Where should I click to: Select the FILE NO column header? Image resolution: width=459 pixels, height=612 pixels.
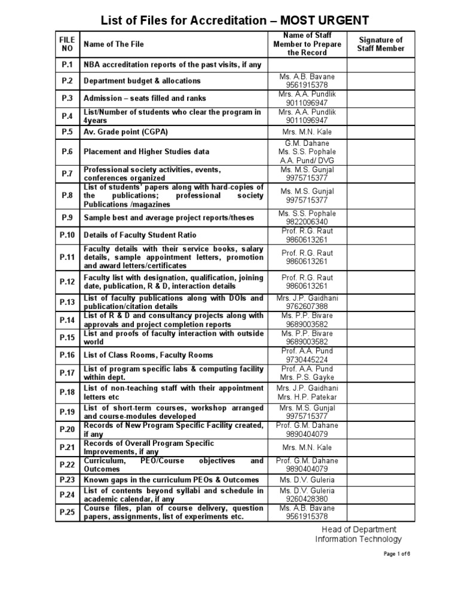pyautogui.click(x=67, y=44)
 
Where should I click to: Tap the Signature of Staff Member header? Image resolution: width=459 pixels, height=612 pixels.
pyautogui.click(x=381, y=44)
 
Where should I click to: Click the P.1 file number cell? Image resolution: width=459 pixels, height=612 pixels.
pyautogui.click(x=67, y=65)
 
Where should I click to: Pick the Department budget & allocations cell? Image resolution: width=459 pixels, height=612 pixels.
pyautogui.click(x=142, y=81)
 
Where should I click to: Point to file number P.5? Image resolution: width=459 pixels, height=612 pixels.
pyautogui.click(x=67, y=131)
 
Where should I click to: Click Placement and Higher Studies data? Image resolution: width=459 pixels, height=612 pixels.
pyautogui.click(x=146, y=152)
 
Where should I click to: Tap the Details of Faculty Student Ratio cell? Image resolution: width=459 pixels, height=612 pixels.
pyautogui.click(x=140, y=235)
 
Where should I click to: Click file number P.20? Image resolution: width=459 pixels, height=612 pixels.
pyautogui.click(x=67, y=429)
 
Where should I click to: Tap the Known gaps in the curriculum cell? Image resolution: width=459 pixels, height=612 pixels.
pyautogui.click(x=171, y=480)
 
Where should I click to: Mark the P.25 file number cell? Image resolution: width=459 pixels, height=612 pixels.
pyautogui.click(x=67, y=512)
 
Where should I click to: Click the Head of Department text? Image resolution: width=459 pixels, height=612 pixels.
pyautogui.click(x=356, y=530)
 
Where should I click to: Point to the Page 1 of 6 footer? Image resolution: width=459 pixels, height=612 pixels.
pyautogui.click(x=397, y=554)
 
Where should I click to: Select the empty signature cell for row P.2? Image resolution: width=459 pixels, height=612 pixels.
pyautogui.click(x=381, y=81)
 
